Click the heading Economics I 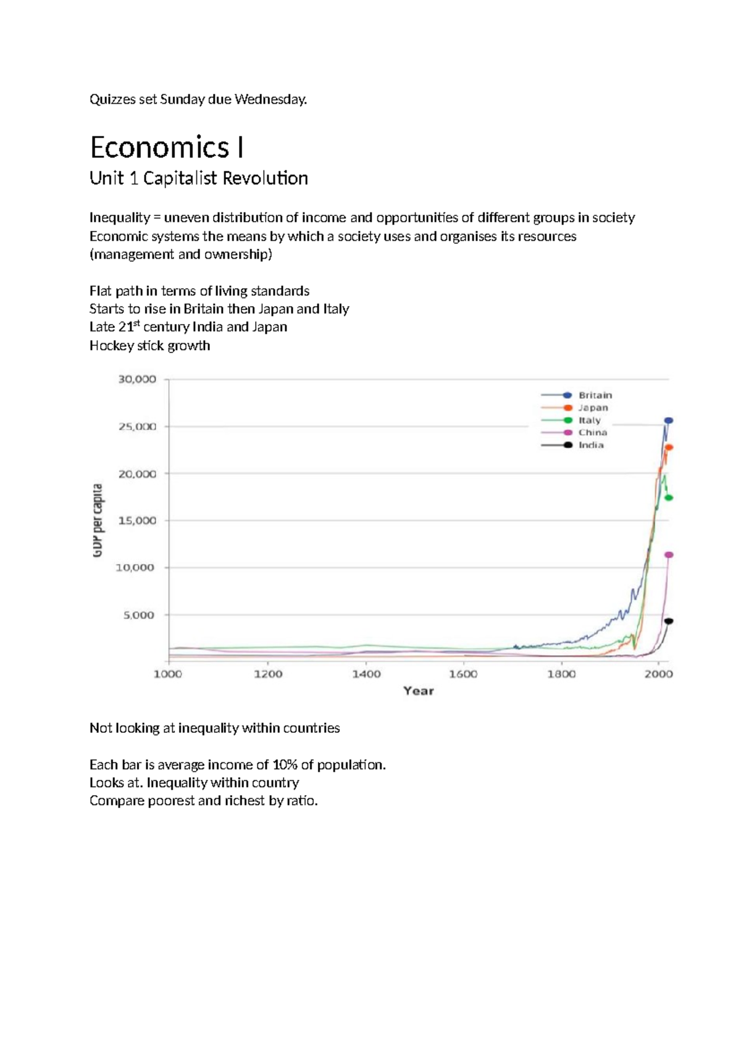(167, 148)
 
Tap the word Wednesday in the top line (270, 99)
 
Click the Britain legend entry (576, 396)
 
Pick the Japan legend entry (574, 408)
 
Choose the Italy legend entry (571, 420)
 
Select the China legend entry (574, 433)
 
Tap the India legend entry (572, 446)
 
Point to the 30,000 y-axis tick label (137, 380)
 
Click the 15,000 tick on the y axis (137, 520)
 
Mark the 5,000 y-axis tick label (139, 615)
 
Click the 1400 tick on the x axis (366, 674)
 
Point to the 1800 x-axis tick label (562, 674)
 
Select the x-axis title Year (419, 691)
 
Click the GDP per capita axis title (97, 520)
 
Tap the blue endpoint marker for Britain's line (669, 420)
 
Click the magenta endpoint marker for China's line (669, 555)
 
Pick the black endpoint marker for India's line (669, 621)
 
